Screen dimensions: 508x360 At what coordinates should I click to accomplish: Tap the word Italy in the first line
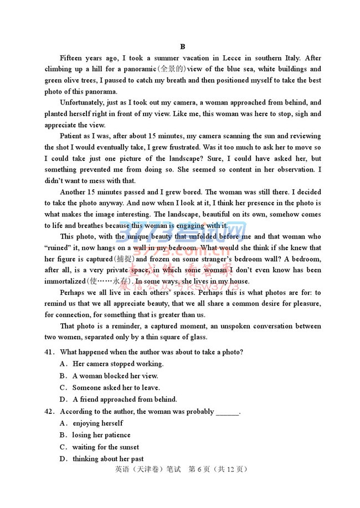(x=289, y=58)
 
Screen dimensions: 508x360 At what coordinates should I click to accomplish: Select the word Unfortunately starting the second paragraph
(x=85, y=103)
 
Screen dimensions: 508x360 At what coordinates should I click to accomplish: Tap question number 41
(x=50, y=352)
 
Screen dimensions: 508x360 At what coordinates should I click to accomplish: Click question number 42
(x=50, y=412)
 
